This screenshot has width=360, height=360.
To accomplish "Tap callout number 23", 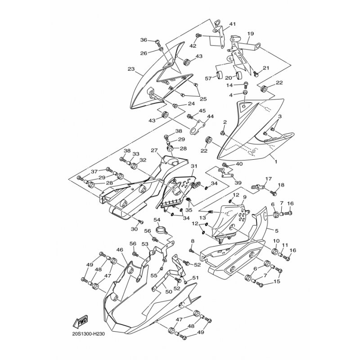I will click(131, 69).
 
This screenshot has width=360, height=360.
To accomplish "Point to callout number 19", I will click(251, 33).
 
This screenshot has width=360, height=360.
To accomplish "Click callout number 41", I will click(232, 24).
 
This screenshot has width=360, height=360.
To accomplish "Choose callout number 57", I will click(208, 78).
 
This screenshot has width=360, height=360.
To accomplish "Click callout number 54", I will click(157, 220).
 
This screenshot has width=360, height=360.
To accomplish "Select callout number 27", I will click(154, 150).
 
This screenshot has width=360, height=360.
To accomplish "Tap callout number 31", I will click(193, 166).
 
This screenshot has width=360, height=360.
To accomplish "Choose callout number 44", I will click(210, 116).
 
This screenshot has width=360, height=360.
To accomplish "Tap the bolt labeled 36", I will click(157, 43).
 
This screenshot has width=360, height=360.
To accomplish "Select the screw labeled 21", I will click(255, 72).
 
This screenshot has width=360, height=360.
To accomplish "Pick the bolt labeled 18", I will click(273, 192).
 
